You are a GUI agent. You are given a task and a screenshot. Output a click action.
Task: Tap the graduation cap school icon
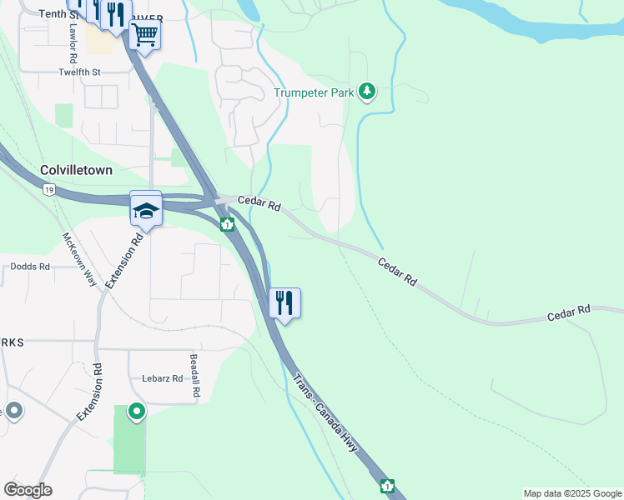point(145,208)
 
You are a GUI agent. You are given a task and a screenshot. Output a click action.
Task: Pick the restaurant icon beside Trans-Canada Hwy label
point(284,303)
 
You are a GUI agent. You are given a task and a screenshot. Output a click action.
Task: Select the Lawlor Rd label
point(73,44)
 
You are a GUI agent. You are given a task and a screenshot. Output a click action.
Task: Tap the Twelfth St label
point(79,72)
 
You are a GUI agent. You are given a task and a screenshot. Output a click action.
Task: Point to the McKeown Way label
point(80,259)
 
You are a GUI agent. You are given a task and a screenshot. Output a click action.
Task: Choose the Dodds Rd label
point(30,267)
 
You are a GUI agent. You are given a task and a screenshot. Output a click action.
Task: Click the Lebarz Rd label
point(162,377)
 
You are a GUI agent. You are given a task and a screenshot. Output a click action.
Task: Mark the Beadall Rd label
point(194,375)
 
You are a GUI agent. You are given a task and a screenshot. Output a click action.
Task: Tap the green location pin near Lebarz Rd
point(136,412)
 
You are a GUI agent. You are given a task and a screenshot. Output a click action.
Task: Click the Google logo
point(28,490)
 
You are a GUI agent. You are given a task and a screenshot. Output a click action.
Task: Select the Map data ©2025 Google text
point(571,493)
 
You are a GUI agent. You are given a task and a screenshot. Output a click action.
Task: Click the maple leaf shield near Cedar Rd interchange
point(226,224)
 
